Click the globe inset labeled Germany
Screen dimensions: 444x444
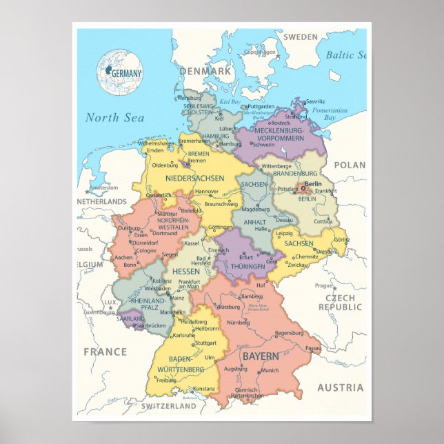pos(120,72)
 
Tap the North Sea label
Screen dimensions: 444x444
pos(114,118)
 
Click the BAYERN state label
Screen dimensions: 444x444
pos(261,357)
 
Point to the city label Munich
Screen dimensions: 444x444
pos(270,371)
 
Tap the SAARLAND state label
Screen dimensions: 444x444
pos(130,319)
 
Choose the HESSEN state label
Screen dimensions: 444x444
pos(185,272)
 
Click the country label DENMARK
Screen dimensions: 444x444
pos(205,71)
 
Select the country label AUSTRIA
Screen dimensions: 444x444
pos(340,387)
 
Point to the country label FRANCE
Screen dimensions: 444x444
pos(105,352)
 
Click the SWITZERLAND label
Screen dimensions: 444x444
pos(169,407)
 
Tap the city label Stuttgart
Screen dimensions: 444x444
pos(205,343)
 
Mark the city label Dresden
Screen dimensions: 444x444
pos(326,252)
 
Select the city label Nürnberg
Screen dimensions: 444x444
pos(238,322)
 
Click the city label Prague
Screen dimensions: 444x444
pos(324,285)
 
